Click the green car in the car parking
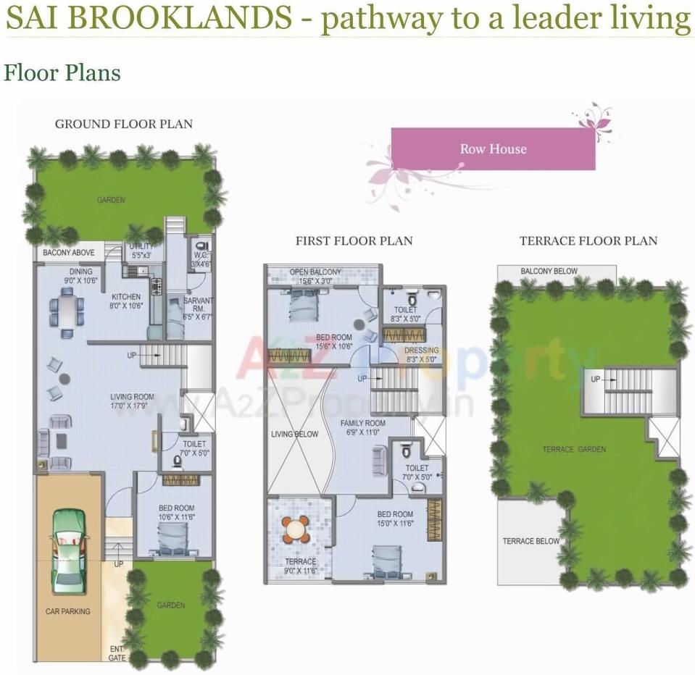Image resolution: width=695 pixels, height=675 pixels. (x=69, y=550)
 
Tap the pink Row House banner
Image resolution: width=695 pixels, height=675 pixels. (x=493, y=149)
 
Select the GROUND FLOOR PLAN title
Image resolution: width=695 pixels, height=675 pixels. (x=124, y=124)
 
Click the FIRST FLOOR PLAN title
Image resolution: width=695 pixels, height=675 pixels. (x=354, y=240)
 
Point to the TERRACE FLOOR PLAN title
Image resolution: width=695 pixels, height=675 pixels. (x=588, y=240)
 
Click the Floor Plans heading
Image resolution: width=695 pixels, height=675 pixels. (x=62, y=73)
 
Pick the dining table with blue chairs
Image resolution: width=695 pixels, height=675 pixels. (x=66, y=311)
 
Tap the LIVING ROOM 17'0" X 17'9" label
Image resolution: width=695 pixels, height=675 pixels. (x=132, y=401)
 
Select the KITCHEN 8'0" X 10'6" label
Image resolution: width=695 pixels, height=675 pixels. (x=127, y=301)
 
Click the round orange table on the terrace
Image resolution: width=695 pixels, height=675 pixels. (x=296, y=529)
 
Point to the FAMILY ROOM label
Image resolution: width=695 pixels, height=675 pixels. (x=365, y=427)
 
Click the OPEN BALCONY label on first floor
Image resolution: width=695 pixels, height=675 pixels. (x=315, y=276)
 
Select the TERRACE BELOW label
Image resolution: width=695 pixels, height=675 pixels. (x=531, y=541)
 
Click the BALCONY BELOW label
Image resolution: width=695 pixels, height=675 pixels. (x=549, y=272)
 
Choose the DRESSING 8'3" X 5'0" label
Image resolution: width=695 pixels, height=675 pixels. (x=422, y=354)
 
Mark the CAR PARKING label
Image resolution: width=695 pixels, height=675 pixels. (x=68, y=611)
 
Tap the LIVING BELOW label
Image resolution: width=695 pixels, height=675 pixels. (x=295, y=435)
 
